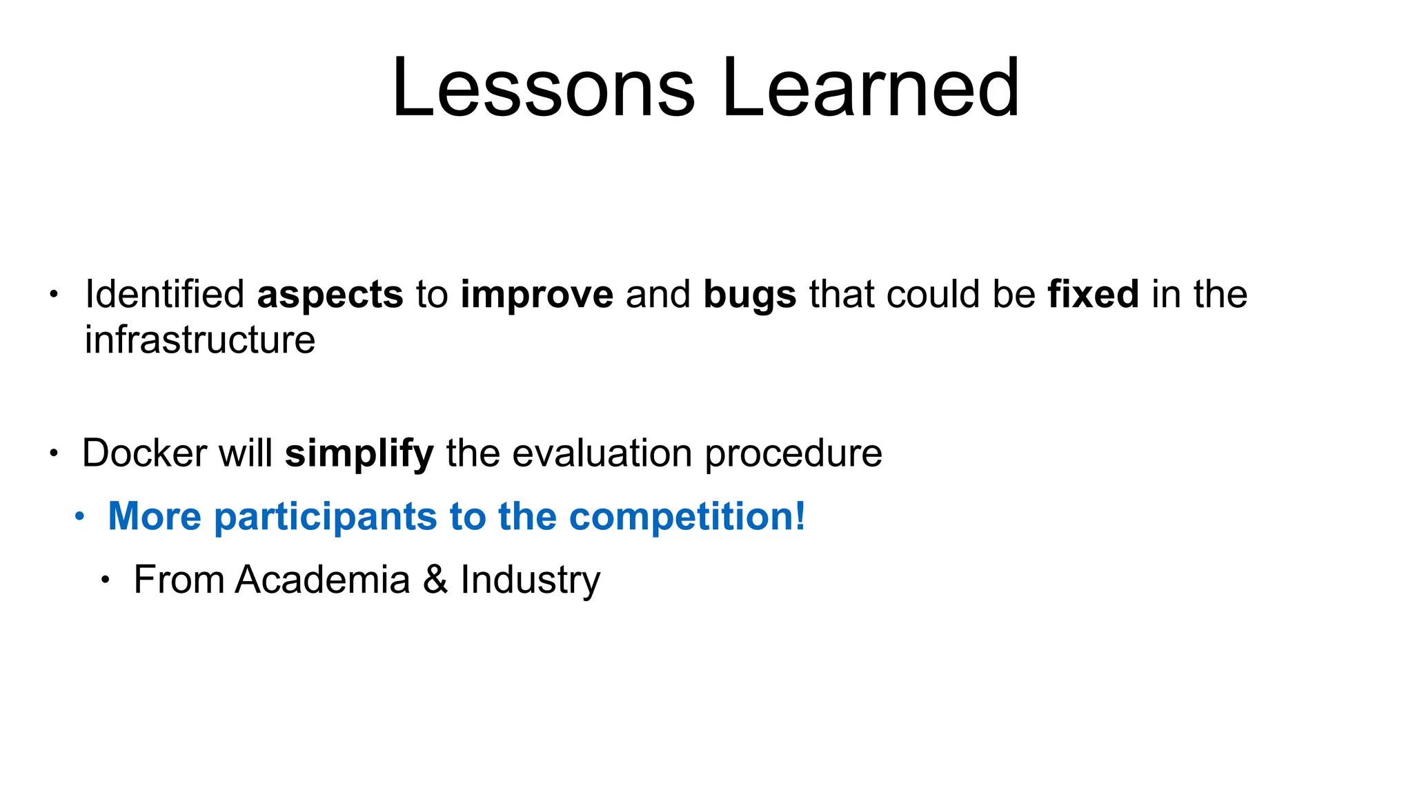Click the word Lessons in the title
tap(543, 88)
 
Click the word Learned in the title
tap(870, 88)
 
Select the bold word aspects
tap(330, 295)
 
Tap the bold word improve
tap(537, 295)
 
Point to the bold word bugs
tap(750, 295)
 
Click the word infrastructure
tap(200, 340)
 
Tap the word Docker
tap(144, 453)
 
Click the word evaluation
tap(602, 453)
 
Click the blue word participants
tap(326, 517)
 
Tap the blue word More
tap(155, 516)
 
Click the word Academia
tap(322, 579)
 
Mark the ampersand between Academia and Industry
tap(435, 579)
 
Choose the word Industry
tap(531, 580)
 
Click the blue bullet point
tap(80, 516)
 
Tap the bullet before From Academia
tap(105, 580)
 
